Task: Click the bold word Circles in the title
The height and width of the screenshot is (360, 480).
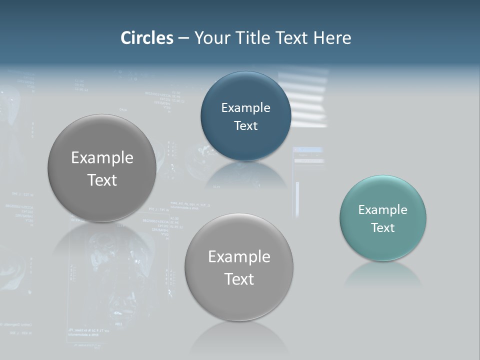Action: [x=146, y=38]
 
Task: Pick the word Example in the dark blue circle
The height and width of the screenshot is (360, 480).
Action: [x=245, y=108]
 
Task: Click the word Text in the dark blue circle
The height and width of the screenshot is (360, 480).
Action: [x=245, y=125]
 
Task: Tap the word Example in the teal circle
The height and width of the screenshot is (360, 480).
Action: [x=382, y=210]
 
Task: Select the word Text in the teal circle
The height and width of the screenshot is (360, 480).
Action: [x=382, y=227]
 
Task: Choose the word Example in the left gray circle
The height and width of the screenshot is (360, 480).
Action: [x=102, y=158]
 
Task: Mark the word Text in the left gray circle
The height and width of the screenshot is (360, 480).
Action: [x=102, y=180]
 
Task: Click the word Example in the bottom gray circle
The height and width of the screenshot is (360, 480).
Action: [x=239, y=257]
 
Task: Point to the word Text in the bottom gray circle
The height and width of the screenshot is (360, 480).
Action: [x=239, y=279]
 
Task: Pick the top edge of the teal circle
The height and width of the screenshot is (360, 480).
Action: [x=382, y=176]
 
